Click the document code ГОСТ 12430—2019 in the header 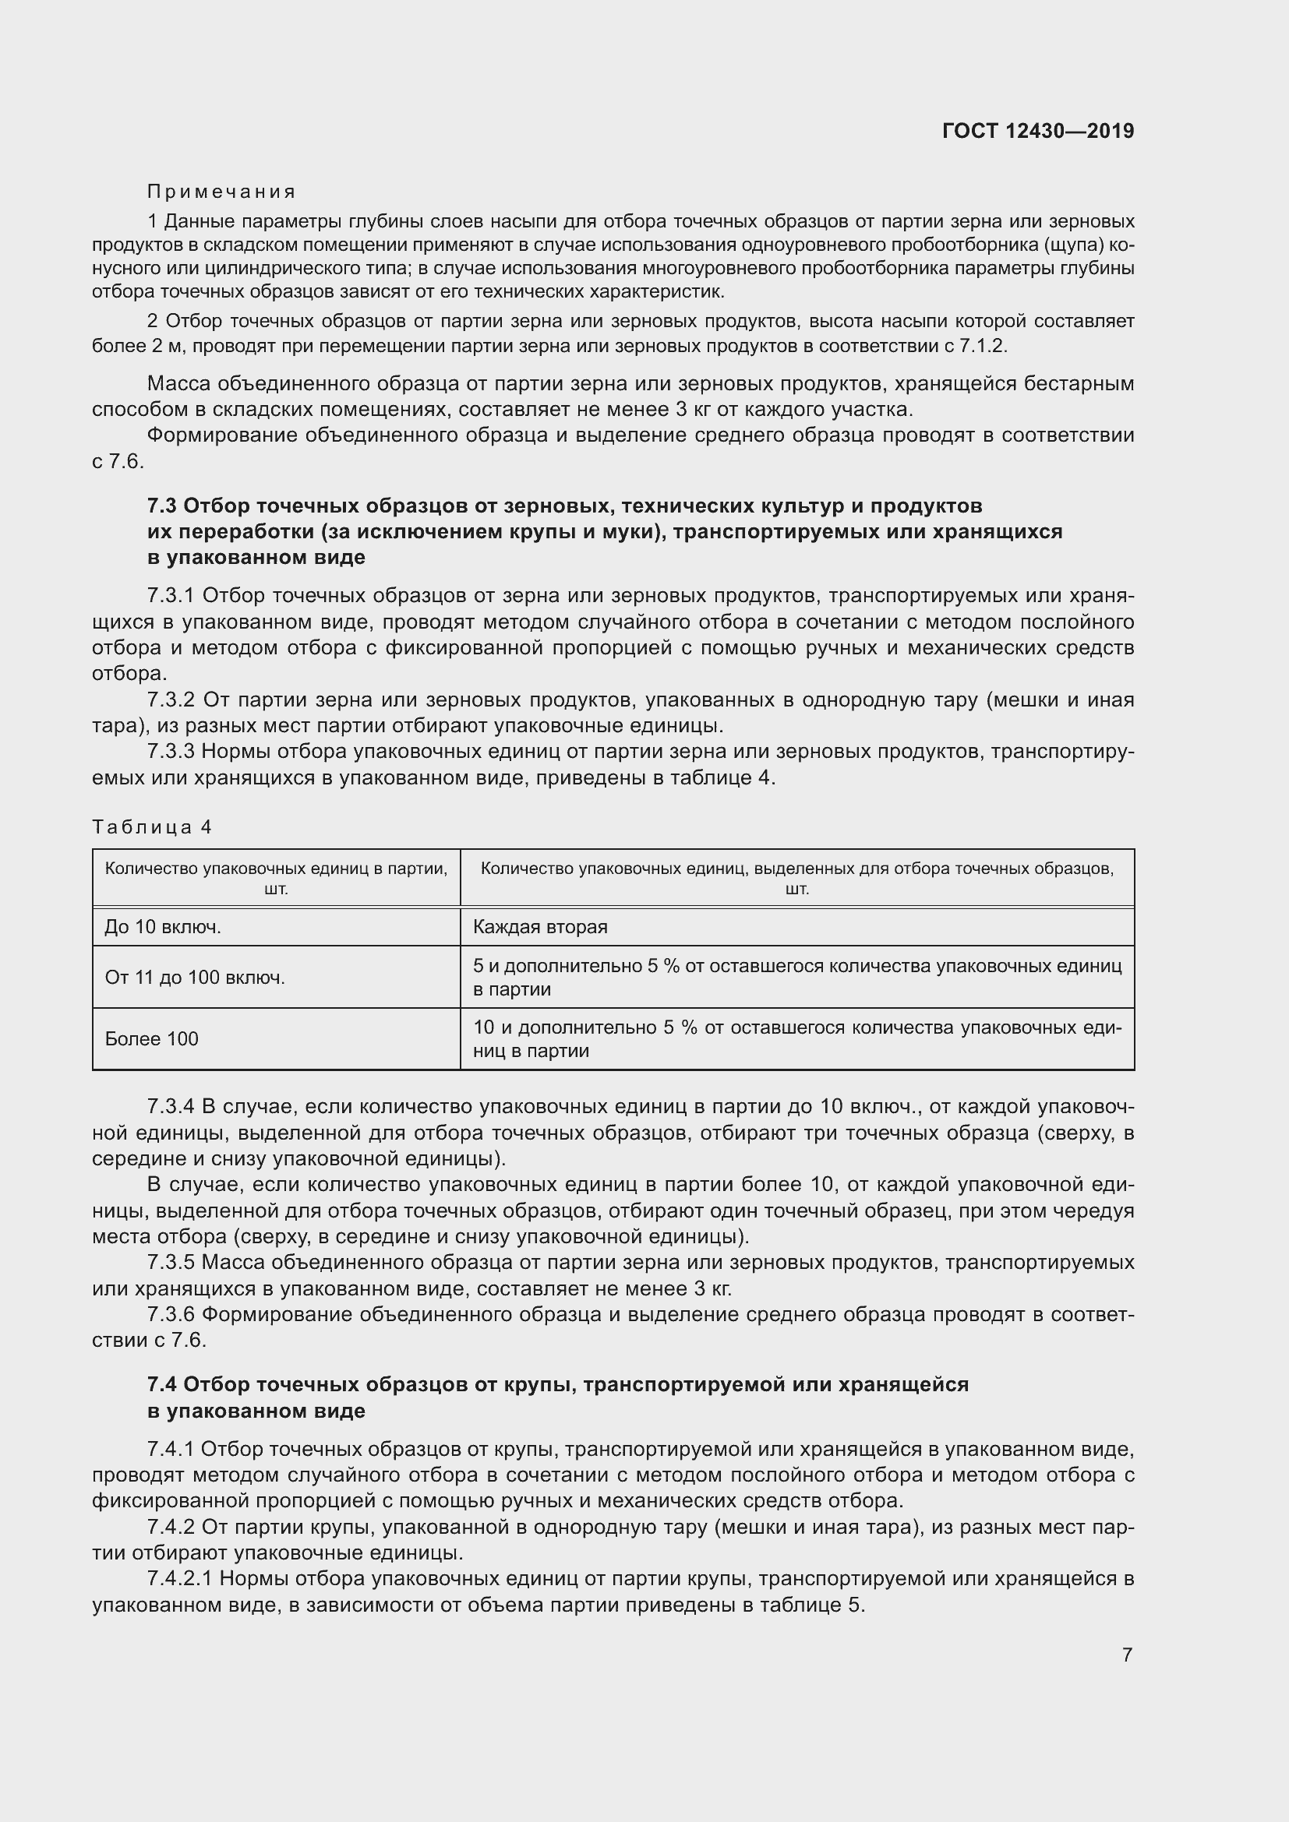[x=1037, y=131]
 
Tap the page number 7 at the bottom [x=1127, y=1655]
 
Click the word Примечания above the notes [x=221, y=192]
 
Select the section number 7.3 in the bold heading [x=163, y=506]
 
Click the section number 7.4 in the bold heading [x=163, y=1385]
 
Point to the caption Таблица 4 [x=153, y=827]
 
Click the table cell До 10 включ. [x=163, y=927]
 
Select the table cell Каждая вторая [x=540, y=927]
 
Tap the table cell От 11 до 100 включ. [x=195, y=978]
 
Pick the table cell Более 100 [x=152, y=1039]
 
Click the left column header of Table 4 [x=275, y=878]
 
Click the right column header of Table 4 [x=797, y=878]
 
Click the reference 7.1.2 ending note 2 [x=982, y=346]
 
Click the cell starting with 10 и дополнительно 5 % [x=797, y=1039]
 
